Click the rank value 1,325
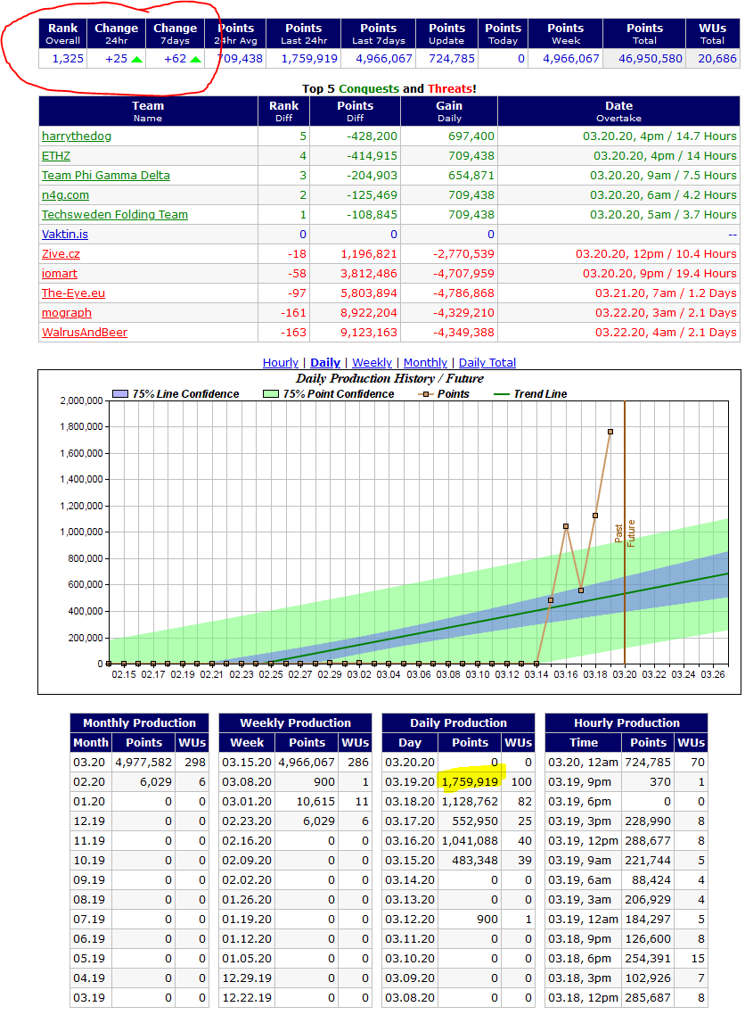coord(68,59)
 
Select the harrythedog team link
coord(77,136)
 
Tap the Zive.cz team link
coord(61,254)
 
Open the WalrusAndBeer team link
coord(85,333)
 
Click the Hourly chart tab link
coord(281,363)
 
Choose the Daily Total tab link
coord(487,363)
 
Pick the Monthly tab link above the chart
coord(425,363)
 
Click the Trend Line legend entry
coord(540,394)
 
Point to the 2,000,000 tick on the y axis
coord(81,400)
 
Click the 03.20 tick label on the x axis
coord(625,675)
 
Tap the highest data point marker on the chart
coord(610,432)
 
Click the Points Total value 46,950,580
coord(644,59)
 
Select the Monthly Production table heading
coord(139,723)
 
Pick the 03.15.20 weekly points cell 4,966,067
coord(307,763)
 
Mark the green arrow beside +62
coord(195,60)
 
